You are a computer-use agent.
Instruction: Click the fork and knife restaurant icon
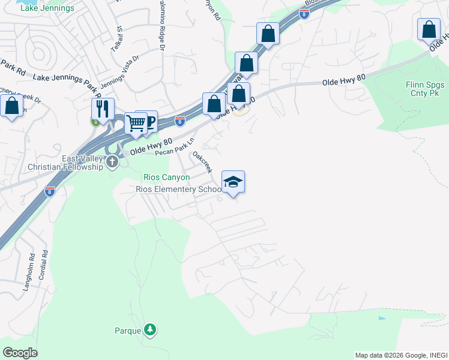coord(103,109)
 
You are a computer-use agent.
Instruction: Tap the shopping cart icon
coord(136,123)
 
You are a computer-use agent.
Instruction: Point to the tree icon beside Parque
coord(149,329)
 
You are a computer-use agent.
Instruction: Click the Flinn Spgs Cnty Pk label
coord(418,89)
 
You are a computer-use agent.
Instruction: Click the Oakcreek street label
coord(202,162)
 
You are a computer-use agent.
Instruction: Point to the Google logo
coord(20,352)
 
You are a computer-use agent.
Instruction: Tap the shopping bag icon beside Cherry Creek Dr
coord(11,106)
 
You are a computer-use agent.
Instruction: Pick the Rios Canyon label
coord(166,178)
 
